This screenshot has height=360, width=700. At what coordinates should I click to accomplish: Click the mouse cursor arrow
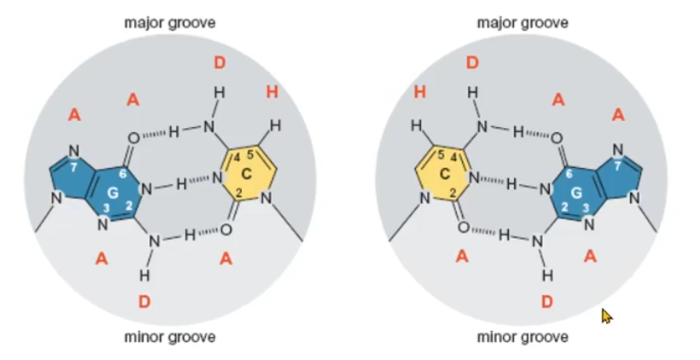[x=607, y=316]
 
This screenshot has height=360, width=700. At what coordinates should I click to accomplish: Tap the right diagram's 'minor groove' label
[x=522, y=337]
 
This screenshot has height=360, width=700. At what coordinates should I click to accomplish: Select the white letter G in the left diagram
[x=113, y=193]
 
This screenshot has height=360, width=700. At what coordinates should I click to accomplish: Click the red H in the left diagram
[x=272, y=91]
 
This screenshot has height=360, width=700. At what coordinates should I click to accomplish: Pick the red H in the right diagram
[x=419, y=91]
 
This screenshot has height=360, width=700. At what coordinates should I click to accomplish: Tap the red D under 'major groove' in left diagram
[x=219, y=62]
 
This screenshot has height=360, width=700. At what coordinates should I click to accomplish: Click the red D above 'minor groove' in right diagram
[x=547, y=301]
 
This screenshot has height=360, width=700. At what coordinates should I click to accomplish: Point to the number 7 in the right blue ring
[x=617, y=165]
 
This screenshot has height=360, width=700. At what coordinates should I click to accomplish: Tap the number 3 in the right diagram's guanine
[x=586, y=208]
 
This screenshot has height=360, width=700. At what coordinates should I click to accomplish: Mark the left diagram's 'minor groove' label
[x=170, y=337]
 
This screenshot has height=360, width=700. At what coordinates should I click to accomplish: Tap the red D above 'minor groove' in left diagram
[x=144, y=301]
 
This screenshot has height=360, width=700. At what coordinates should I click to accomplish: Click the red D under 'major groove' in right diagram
[x=472, y=62]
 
